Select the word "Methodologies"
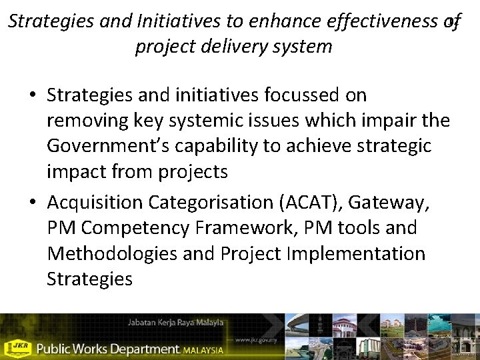click(108, 253)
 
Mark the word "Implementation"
click(366, 253)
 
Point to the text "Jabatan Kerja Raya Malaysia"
click(175, 323)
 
